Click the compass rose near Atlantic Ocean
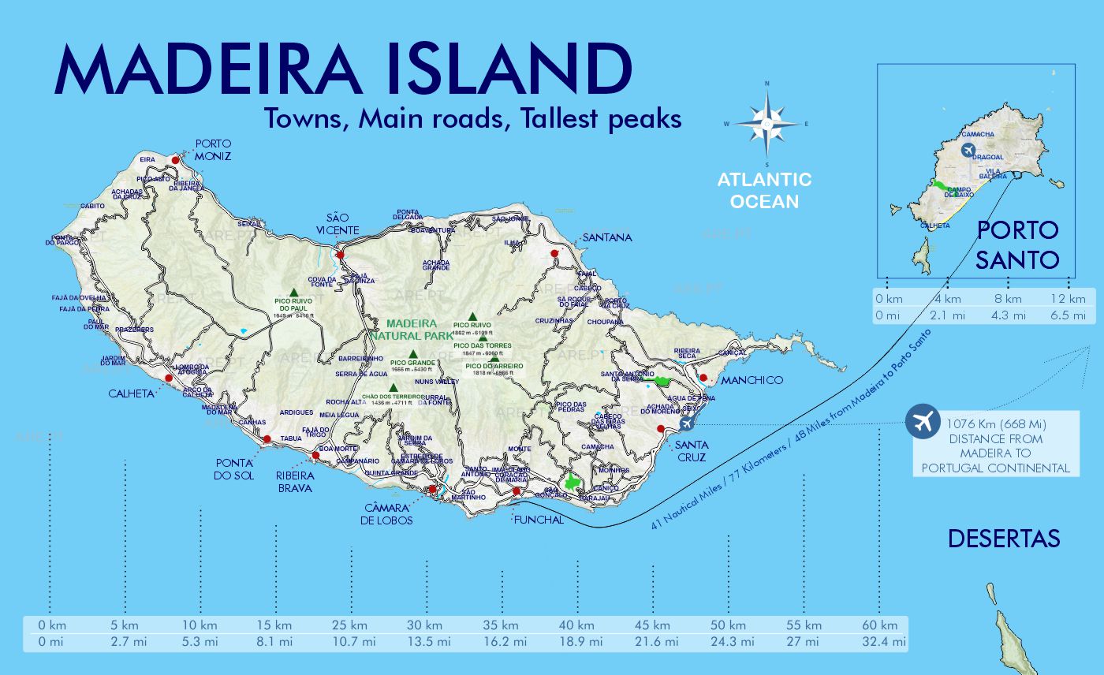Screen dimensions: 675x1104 (x=766, y=123)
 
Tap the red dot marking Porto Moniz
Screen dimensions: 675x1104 (x=175, y=158)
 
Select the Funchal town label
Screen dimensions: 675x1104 (x=538, y=520)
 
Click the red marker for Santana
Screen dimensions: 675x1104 (x=554, y=254)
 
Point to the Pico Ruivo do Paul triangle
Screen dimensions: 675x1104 (x=293, y=292)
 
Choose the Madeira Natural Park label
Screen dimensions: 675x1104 (x=411, y=330)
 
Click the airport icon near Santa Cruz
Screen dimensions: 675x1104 (x=685, y=423)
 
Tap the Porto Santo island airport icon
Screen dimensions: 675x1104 (x=968, y=150)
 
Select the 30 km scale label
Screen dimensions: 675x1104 (x=426, y=625)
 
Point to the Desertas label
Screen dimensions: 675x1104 (x=1003, y=539)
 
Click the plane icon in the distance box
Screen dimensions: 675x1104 (x=920, y=421)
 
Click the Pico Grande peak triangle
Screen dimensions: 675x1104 (x=412, y=354)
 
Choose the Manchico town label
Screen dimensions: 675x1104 (x=752, y=380)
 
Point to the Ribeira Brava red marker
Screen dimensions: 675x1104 (x=316, y=455)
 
